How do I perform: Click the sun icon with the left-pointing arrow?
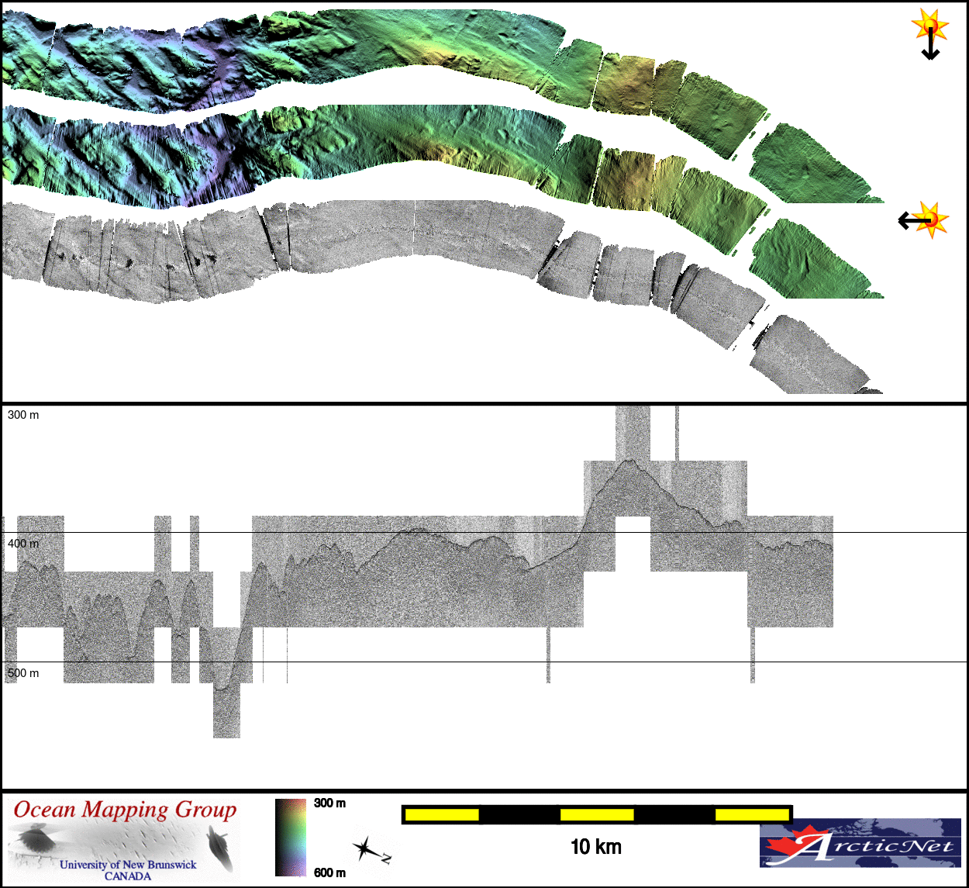[x=924, y=220]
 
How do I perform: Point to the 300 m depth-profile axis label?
[x=23, y=415]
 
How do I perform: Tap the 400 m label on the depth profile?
[x=23, y=544]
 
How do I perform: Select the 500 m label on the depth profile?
[x=23, y=673]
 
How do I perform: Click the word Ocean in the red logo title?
[x=44, y=809]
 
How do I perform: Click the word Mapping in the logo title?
[x=125, y=810]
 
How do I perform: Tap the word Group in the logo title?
[x=205, y=810]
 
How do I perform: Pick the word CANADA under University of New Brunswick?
[x=128, y=876]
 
